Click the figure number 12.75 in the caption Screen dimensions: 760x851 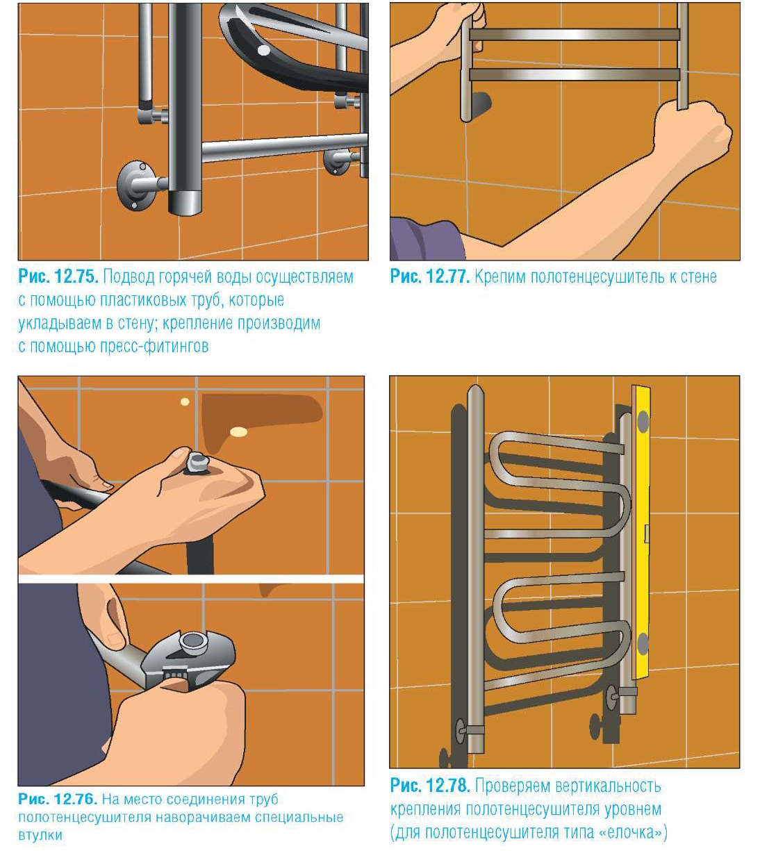pyautogui.click(x=77, y=276)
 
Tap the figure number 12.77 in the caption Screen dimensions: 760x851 pyautogui.click(x=448, y=276)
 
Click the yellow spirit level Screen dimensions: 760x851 pyautogui.click(x=642, y=533)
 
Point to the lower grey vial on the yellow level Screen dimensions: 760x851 pyautogui.click(x=643, y=645)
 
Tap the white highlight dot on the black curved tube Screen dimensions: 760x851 pyautogui.click(x=263, y=51)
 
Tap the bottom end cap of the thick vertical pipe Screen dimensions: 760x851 pyautogui.click(x=185, y=203)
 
